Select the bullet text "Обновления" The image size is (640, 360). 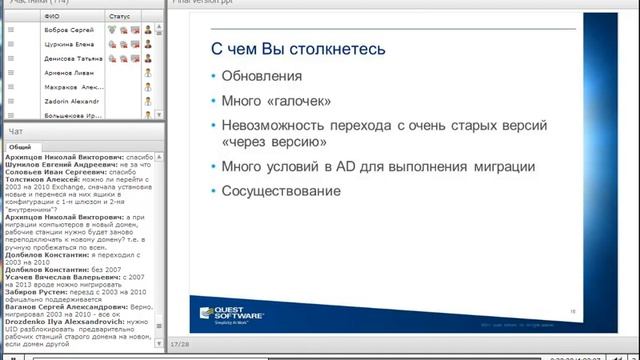point(255,76)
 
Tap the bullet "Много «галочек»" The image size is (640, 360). point(273,101)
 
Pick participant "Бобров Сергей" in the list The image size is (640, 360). point(67,30)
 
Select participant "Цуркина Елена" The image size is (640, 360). point(67,44)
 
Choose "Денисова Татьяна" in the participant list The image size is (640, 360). point(70,58)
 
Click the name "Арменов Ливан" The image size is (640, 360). point(66,72)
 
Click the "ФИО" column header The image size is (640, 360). point(54,17)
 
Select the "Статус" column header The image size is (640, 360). point(119,17)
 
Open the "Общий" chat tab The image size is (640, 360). point(22,146)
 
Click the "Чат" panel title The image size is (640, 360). point(15,131)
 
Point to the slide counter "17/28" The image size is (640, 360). point(179,343)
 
